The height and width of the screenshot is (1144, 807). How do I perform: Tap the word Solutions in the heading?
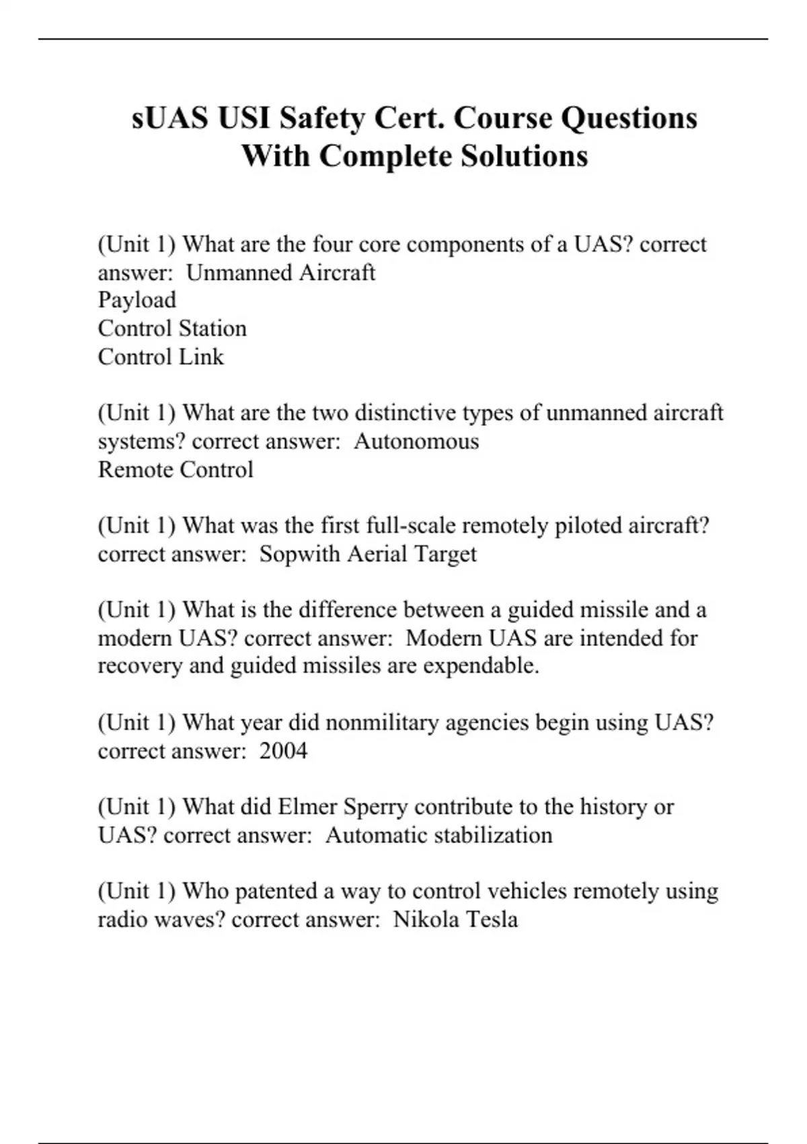pos(524,156)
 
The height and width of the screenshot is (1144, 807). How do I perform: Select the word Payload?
pos(137,300)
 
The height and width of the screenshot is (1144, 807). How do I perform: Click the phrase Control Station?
pos(172,328)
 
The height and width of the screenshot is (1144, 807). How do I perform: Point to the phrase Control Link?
pos(161,357)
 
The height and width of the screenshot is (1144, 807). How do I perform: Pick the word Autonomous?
pos(416,441)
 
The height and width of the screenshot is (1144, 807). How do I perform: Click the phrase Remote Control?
pos(176,470)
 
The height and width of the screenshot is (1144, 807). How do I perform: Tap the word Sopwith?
pos(300,554)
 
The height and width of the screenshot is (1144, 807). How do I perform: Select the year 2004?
pos(283,751)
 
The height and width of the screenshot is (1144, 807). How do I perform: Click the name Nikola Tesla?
pos(455,919)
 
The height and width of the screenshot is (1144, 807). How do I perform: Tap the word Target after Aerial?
pos(445,554)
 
